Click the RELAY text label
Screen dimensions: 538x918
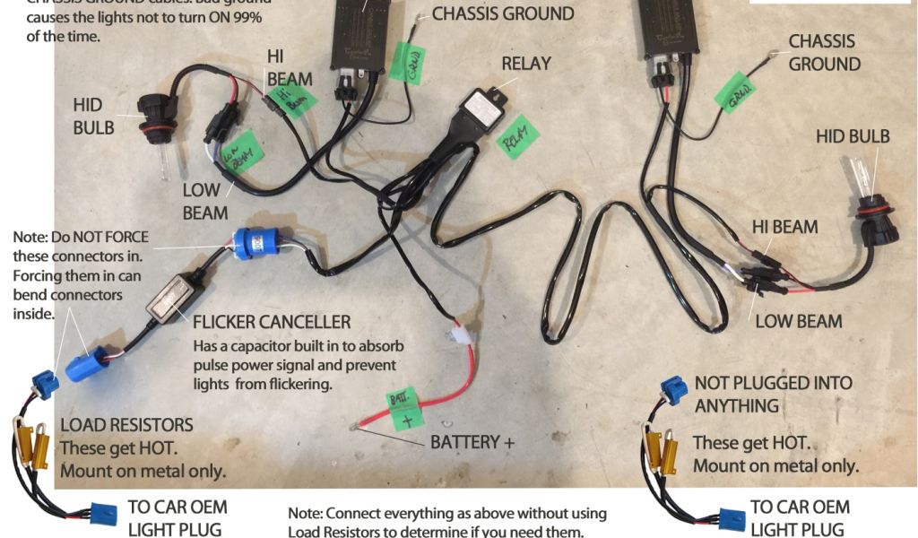526,65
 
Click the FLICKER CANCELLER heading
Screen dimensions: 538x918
272,321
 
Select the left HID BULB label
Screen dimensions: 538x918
94,117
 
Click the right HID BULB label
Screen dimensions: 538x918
853,136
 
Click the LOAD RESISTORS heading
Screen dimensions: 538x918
126,424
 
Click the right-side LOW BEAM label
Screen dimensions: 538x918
798,321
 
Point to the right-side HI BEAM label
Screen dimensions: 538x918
784,226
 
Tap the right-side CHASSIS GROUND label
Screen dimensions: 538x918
823,53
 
